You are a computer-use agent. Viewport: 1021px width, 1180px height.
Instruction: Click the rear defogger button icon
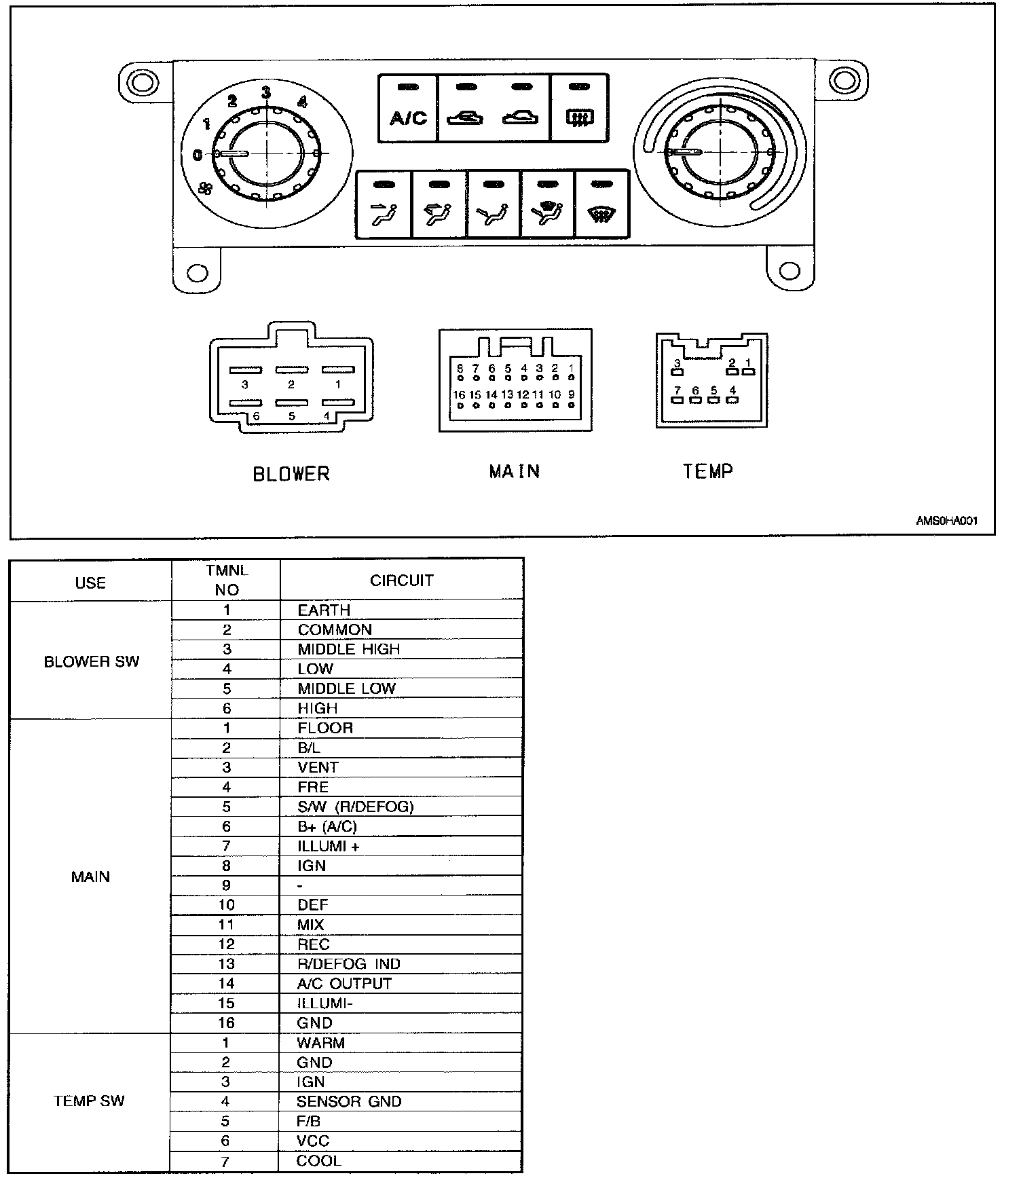[x=579, y=119]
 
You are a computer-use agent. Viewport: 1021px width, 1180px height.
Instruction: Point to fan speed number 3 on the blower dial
[x=266, y=92]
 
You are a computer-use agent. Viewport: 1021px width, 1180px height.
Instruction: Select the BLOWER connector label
[x=291, y=473]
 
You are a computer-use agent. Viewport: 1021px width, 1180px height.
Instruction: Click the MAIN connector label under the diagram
[x=515, y=471]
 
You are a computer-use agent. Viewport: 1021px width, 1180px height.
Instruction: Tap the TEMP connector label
[x=708, y=471]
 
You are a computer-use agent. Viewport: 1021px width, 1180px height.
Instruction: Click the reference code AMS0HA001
[x=946, y=521]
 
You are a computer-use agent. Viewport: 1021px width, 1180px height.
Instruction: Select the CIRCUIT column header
[x=401, y=580]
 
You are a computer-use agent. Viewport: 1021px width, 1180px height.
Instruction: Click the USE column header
[x=90, y=583]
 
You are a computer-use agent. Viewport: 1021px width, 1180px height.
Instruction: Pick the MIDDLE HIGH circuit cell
[x=349, y=649]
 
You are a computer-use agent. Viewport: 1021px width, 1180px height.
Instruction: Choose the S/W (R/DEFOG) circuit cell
[x=356, y=807]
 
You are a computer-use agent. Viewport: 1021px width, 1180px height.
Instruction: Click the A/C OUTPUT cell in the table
[x=344, y=983]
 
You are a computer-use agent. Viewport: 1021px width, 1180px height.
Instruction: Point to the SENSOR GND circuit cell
[x=349, y=1101]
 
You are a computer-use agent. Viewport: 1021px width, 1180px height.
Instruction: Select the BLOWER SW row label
[x=91, y=661]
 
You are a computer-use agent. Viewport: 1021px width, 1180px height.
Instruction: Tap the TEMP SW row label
[x=89, y=1101]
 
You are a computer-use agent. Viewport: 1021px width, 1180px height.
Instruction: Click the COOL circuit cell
[x=318, y=1160]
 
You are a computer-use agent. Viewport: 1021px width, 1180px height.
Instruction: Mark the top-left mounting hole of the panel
[x=142, y=82]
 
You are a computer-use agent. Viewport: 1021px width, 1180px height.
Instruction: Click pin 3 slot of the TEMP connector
[x=677, y=371]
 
